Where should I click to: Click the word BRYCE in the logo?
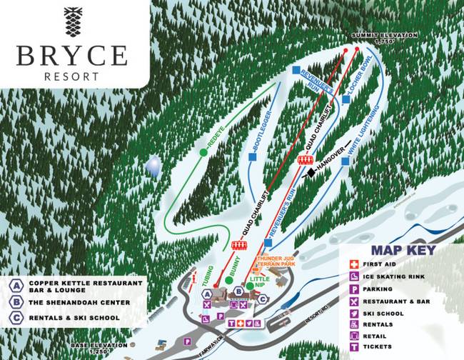(x=72, y=56)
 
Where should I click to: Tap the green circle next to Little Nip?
(x=250, y=286)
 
